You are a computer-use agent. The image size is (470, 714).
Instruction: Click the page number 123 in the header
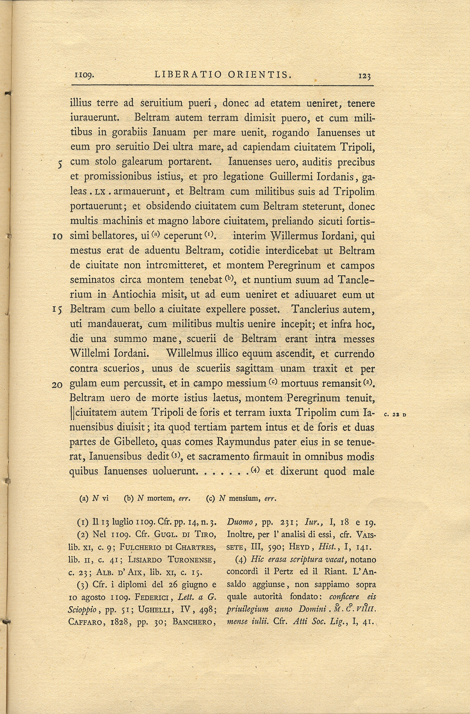pos(364,76)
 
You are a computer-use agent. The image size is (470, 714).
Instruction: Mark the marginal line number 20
pos(57,385)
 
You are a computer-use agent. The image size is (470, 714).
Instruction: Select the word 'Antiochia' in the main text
pos(134,294)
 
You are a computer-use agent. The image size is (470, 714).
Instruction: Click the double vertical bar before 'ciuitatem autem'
pos(72,413)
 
